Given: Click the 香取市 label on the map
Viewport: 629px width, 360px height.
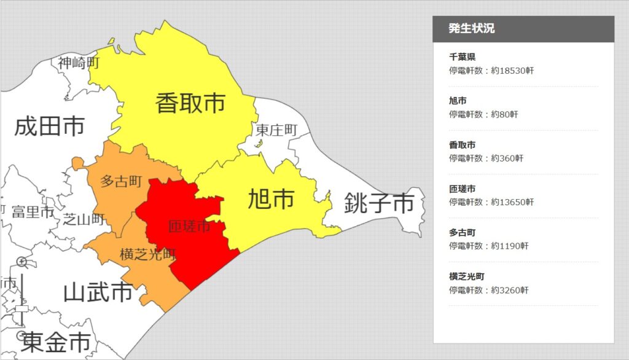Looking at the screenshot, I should (190, 103).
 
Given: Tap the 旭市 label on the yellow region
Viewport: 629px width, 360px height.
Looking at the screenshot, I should (271, 199).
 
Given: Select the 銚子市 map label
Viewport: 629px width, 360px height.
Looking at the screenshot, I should (379, 203).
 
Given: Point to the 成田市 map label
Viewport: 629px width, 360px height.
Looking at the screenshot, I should (49, 127).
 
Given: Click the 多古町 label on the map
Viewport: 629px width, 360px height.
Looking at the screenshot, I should (121, 181).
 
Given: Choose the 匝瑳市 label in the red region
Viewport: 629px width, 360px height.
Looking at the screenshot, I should (189, 227).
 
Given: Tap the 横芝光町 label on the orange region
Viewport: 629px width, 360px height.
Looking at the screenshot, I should (148, 254).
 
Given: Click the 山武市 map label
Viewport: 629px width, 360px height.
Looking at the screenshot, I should (98, 292).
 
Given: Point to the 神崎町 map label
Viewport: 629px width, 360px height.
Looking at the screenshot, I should (79, 62).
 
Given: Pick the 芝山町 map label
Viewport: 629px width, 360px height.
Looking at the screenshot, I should (84, 219).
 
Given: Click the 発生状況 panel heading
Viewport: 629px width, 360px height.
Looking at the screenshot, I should (471, 28).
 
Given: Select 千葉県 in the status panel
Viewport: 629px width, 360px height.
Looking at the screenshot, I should (462, 57).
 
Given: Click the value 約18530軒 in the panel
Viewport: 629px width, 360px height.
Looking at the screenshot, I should (512, 71).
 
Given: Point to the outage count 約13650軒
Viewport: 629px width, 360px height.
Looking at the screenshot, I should (512, 202).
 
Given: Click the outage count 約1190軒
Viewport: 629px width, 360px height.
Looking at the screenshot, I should (510, 246).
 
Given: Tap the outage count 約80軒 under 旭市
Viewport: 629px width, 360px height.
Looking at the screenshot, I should (504, 114).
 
